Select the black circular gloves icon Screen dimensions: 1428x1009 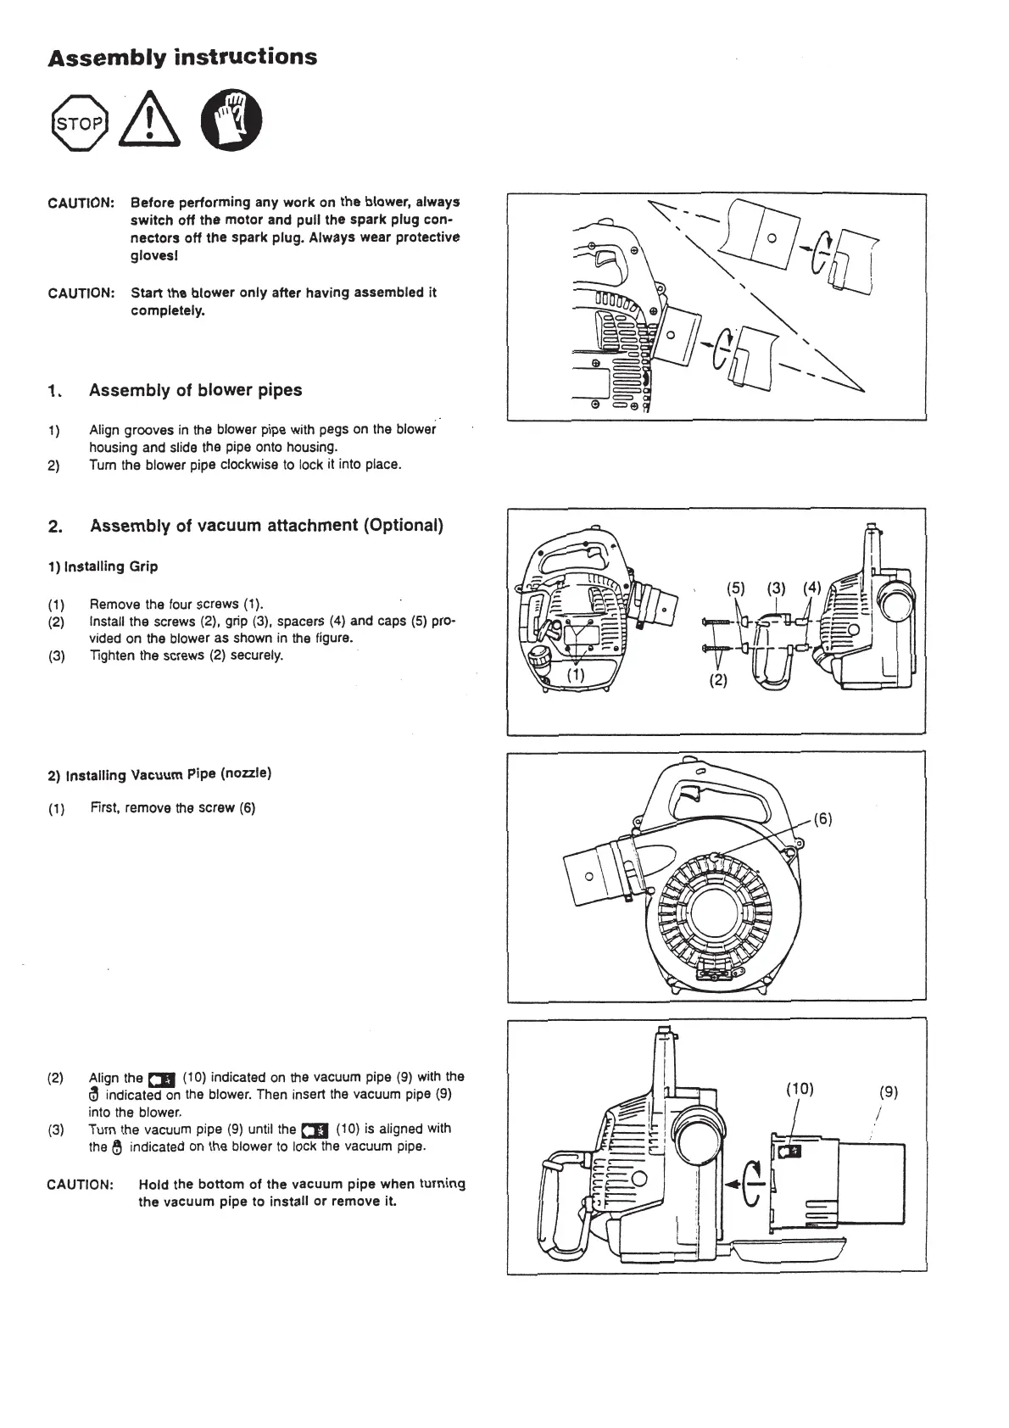coord(231,121)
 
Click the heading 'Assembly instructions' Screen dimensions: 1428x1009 coord(182,58)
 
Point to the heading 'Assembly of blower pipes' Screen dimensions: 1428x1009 coord(195,390)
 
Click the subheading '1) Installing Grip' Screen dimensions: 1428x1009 coord(103,566)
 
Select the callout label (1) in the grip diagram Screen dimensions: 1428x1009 coord(576,675)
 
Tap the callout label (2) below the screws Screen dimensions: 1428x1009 coord(718,680)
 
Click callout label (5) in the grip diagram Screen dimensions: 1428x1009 coord(735,588)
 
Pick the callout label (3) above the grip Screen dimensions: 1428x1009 coord(776,588)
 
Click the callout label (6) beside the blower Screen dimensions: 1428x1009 coord(822,819)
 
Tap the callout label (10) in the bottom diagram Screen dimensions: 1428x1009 coord(800,1090)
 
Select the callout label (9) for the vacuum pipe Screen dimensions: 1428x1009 coord(888,1093)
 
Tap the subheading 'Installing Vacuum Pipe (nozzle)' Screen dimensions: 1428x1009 coord(159,774)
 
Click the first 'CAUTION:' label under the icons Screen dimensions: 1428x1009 coord(81,204)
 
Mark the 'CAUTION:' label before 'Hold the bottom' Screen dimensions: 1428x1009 coord(81,1185)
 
